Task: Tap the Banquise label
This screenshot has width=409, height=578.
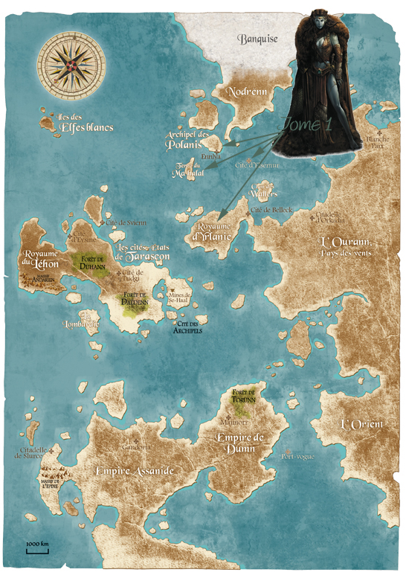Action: pos(257,39)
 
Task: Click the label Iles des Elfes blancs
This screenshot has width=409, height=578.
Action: pos(86,123)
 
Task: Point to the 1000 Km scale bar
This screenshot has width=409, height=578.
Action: pos(37,548)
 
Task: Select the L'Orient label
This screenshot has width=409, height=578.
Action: pos(361,424)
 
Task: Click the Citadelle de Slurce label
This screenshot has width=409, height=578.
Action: pos(30,453)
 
